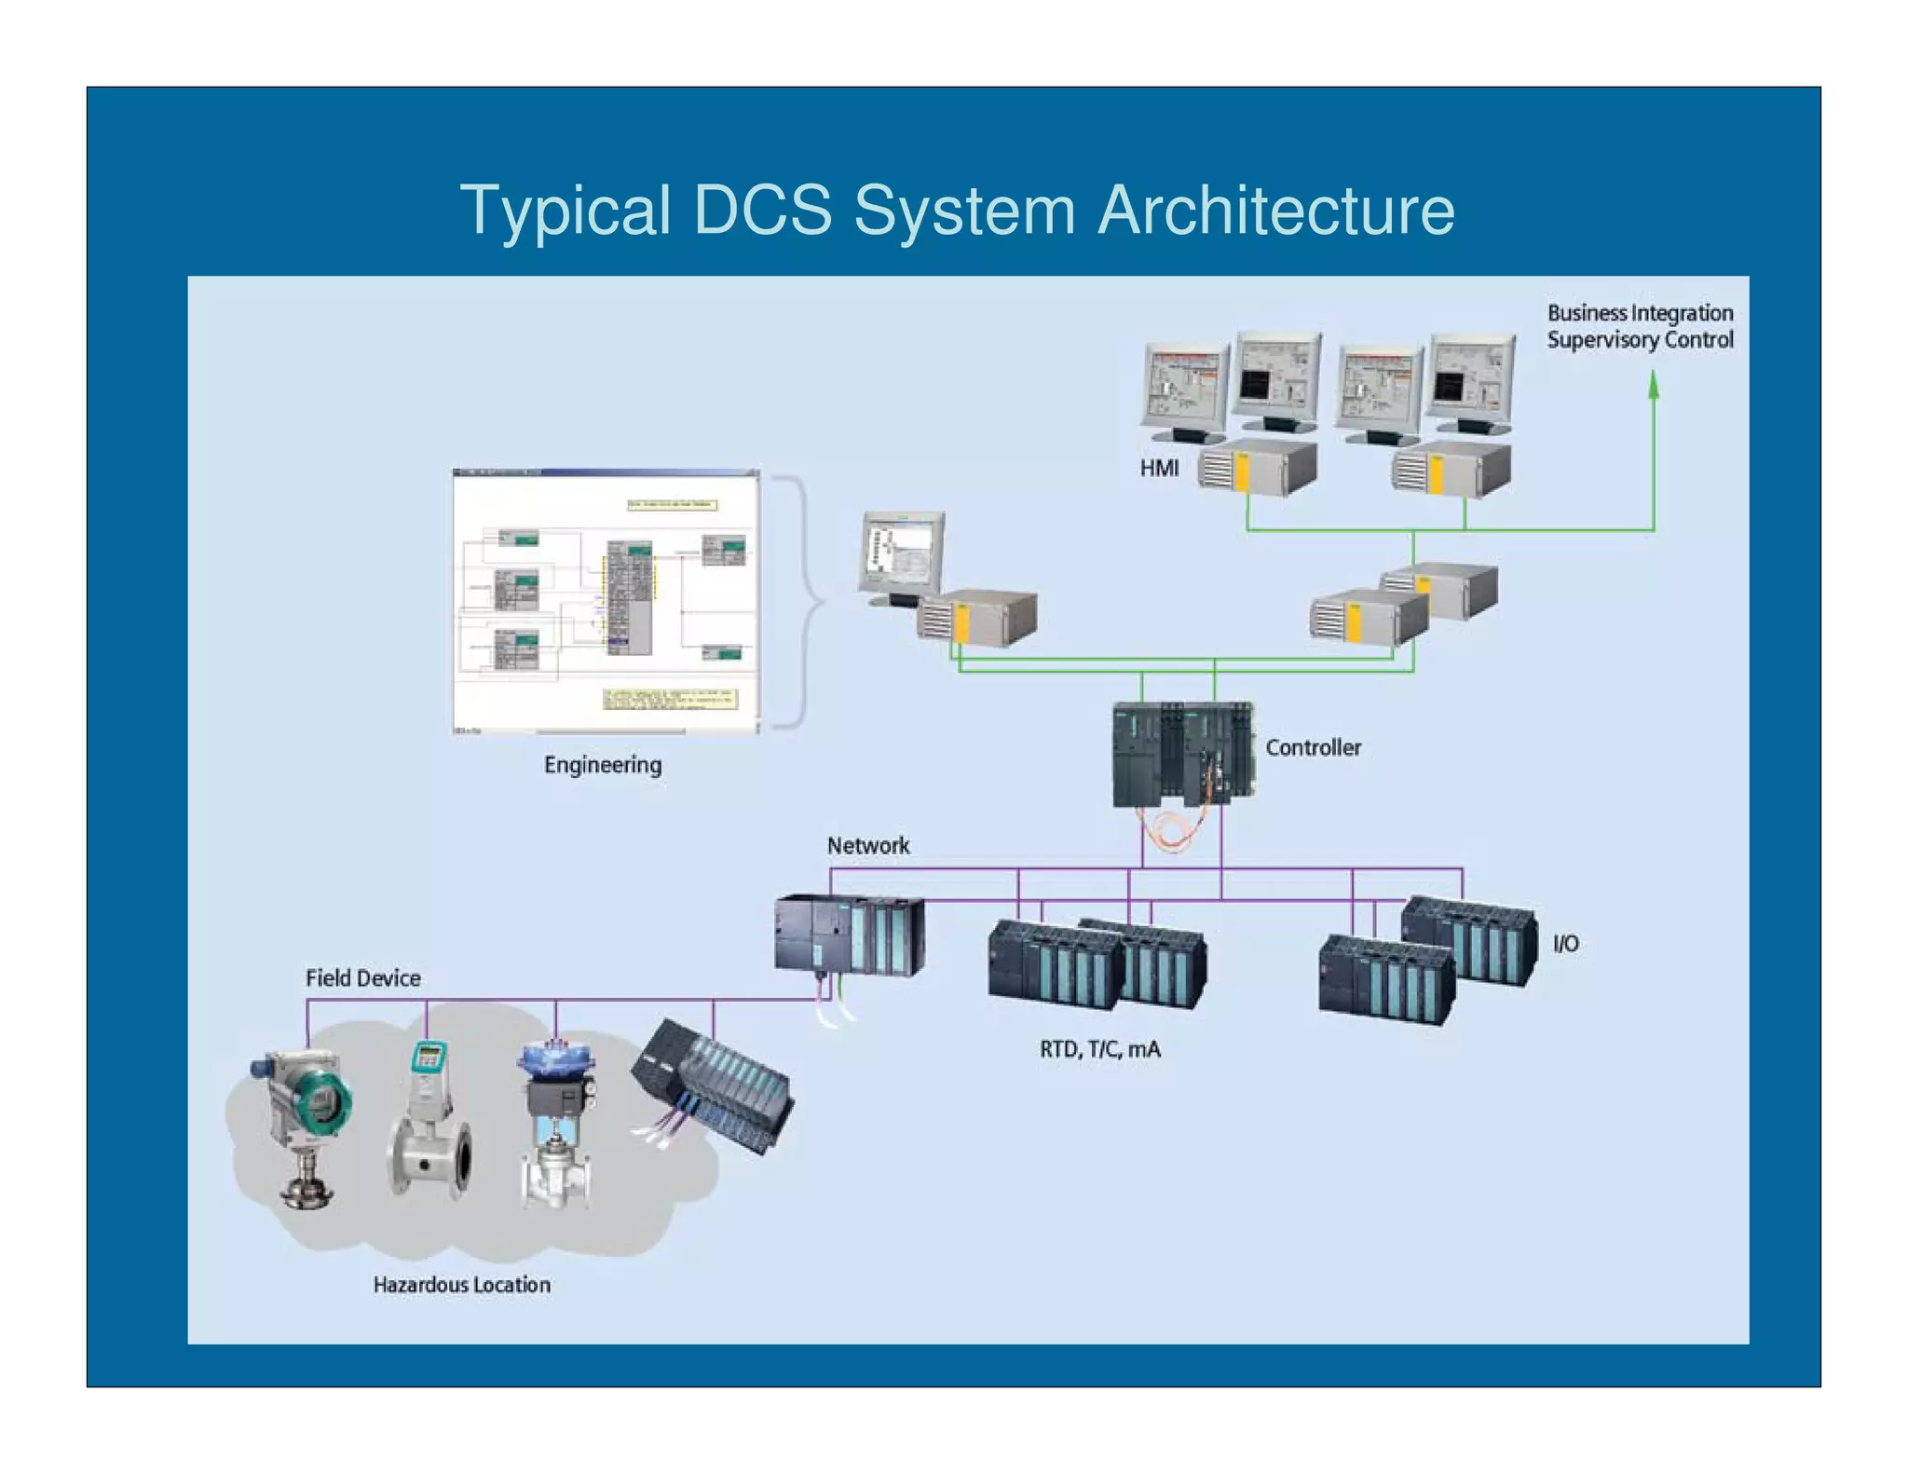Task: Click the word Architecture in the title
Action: tap(1275, 210)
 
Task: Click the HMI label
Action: tap(1159, 468)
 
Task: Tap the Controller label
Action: tap(1312, 747)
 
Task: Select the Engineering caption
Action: tap(603, 765)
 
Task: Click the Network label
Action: tap(867, 845)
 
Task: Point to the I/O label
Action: tap(1565, 944)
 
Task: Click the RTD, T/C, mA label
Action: tap(1099, 1050)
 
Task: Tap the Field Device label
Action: tap(362, 978)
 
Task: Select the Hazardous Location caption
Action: tap(461, 1285)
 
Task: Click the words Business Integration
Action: tap(1640, 313)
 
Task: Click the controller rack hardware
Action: tap(1182, 755)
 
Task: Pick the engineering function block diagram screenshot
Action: tap(606, 601)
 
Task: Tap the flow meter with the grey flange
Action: tap(429, 1127)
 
